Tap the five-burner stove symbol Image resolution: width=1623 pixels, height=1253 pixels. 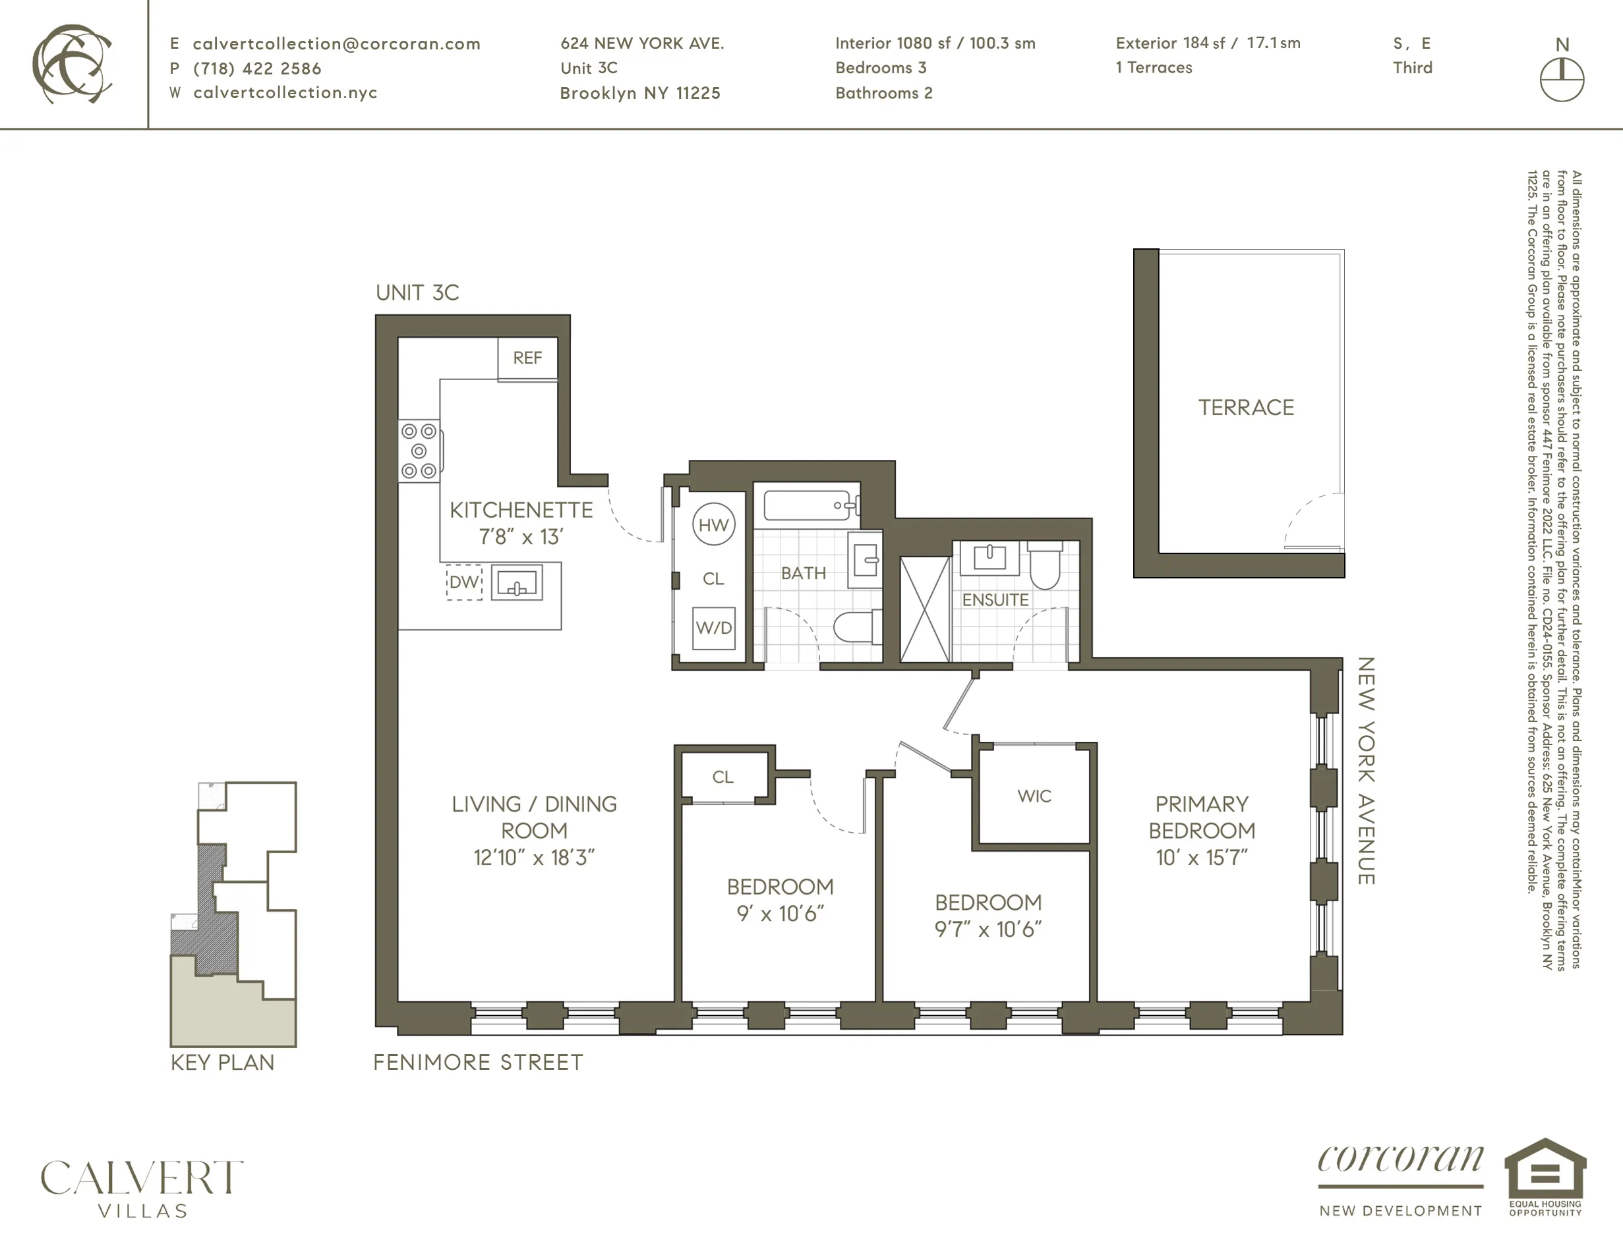tap(419, 451)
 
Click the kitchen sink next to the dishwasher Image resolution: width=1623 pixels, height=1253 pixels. tap(516, 583)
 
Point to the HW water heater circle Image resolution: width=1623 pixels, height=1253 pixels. tap(713, 525)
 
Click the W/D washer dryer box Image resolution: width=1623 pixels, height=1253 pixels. tap(713, 628)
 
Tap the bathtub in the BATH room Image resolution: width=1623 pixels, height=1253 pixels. tap(807, 505)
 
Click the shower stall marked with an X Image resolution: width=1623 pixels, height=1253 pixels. tap(924, 609)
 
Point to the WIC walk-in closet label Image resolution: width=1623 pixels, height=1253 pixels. tap(1034, 796)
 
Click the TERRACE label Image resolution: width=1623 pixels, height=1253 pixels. tap(1245, 408)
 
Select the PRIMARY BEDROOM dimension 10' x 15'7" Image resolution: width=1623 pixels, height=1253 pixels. tap(1201, 858)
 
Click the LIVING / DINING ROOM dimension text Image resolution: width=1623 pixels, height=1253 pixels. tap(533, 858)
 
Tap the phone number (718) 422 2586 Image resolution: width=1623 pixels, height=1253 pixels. tap(257, 69)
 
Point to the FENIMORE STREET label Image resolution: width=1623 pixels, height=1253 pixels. tap(478, 1063)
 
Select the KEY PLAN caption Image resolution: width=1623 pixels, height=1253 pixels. tap(222, 1063)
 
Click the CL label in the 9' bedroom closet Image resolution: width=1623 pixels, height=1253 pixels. tap(723, 777)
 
